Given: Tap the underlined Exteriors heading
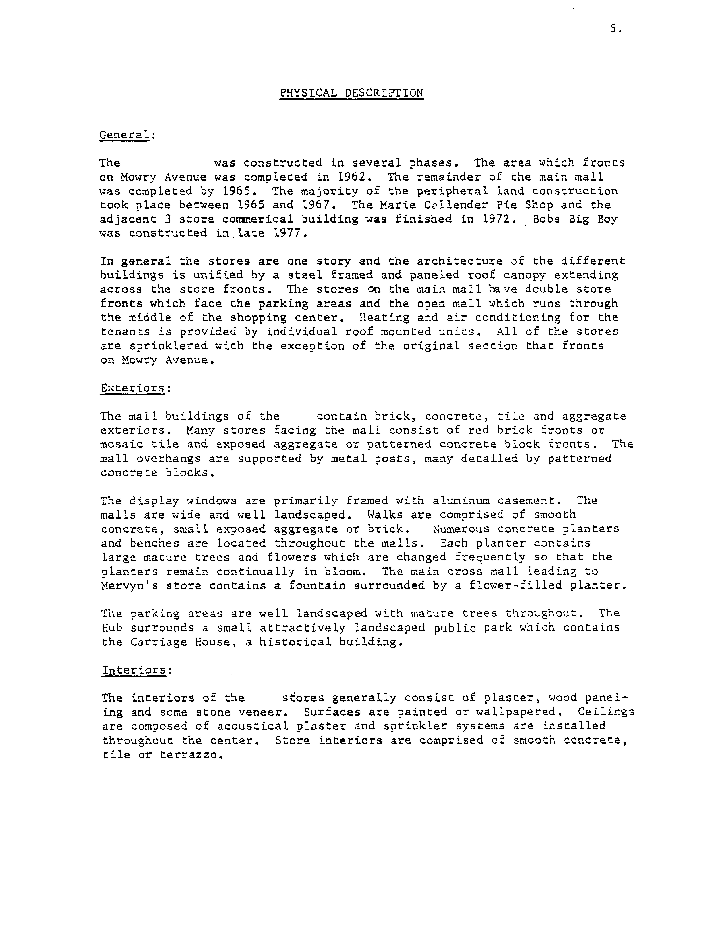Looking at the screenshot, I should pos(132,388).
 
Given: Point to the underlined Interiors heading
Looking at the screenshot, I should pos(134,670).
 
